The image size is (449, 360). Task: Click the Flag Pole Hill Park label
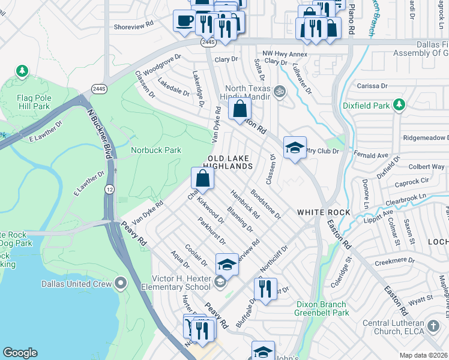pos(34,101)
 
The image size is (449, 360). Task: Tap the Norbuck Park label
pos(156,150)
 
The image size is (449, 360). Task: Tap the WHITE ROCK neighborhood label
pos(322,212)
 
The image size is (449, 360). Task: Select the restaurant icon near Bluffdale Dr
pos(265,289)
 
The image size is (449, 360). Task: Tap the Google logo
pos(20,353)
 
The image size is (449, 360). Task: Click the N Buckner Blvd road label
pos(100,132)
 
